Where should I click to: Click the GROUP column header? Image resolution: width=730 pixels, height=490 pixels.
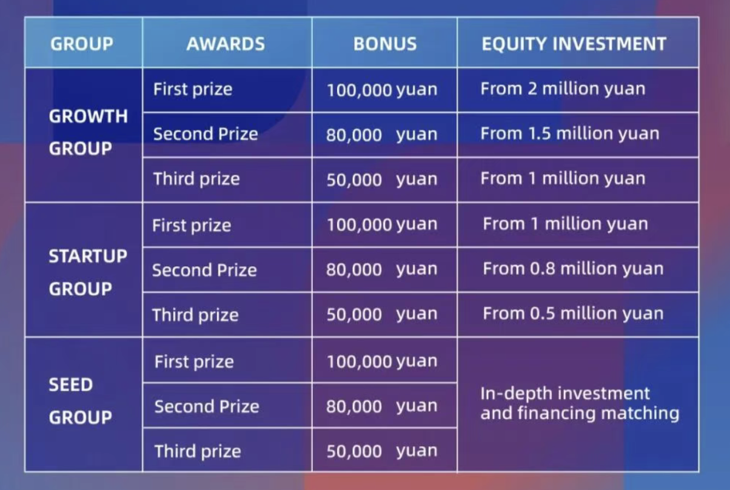82,44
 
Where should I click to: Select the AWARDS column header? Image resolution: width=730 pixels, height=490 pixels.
226,44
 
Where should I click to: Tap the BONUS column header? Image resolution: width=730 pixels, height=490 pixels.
385,44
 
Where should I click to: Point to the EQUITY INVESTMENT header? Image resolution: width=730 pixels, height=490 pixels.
574,44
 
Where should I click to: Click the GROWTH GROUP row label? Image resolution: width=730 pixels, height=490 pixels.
89,132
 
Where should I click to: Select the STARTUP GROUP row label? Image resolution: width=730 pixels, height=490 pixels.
88,272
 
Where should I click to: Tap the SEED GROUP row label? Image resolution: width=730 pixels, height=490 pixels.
81,401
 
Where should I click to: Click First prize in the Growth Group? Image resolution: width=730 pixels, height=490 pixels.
193,90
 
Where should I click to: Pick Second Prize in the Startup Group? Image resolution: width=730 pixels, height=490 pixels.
205,270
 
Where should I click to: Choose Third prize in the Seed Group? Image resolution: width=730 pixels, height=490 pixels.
198,451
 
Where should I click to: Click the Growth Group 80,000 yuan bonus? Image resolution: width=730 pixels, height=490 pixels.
381,135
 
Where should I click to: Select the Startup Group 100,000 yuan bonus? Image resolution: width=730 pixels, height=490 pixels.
382,224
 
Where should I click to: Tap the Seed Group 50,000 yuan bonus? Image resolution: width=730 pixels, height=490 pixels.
382,451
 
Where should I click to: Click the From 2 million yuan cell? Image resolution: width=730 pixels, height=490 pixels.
563,89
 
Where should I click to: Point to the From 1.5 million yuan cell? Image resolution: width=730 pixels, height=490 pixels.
570,133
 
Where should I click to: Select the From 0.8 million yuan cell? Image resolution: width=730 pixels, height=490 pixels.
573,269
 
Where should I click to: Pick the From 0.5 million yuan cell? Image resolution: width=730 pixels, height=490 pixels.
573,314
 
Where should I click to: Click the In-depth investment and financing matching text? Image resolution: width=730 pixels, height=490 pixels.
580,404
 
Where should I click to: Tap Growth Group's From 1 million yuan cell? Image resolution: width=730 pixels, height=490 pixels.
563,179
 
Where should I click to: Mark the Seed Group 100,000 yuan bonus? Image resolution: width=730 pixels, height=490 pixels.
382,361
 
